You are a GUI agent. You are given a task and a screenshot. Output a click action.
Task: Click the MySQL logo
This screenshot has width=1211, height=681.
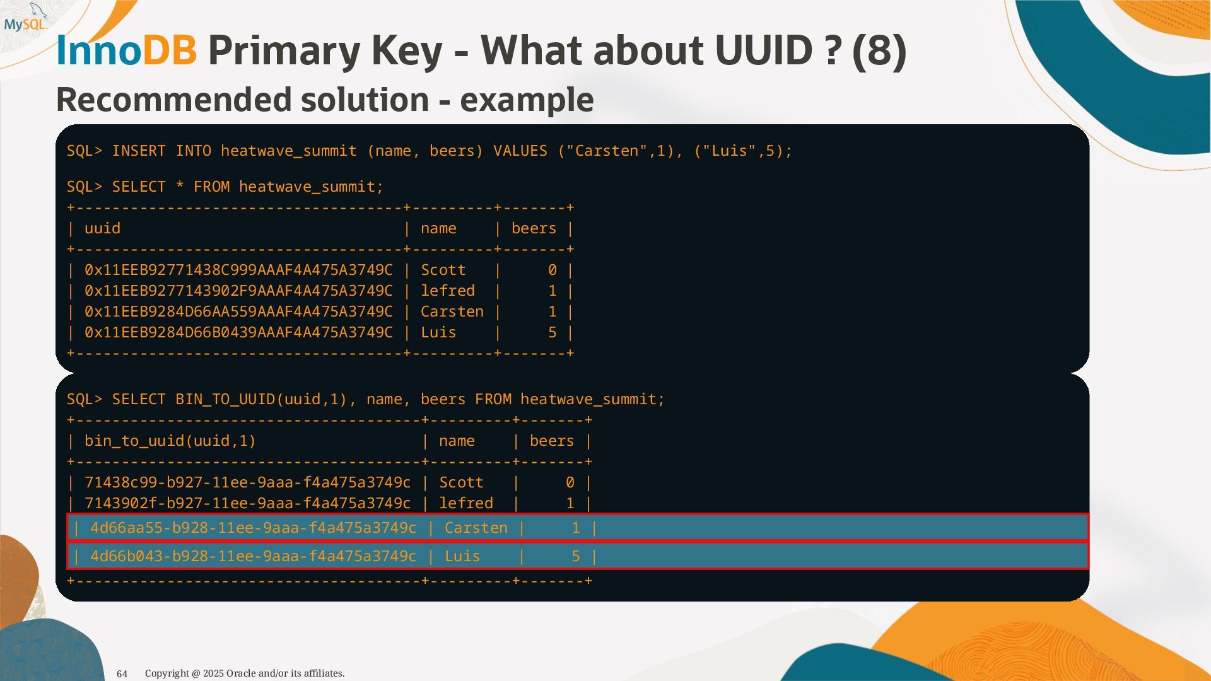pyautogui.click(x=26, y=19)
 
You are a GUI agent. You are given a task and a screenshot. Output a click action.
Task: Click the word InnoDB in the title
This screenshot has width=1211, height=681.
pyautogui.click(x=126, y=50)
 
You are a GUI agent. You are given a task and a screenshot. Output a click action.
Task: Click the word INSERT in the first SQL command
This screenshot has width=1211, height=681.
pyautogui.click(x=139, y=151)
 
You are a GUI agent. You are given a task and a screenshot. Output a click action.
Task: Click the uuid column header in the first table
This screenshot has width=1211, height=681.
pyautogui.click(x=102, y=228)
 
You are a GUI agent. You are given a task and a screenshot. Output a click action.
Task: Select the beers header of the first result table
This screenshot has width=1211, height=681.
pyautogui.click(x=534, y=228)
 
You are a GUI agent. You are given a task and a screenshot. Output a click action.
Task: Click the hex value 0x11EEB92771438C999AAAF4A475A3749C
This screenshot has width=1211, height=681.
pyautogui.click(x=238, y=270)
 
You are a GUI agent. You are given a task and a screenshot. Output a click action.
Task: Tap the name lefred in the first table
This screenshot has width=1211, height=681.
pyautogui.click(x=448, y=291)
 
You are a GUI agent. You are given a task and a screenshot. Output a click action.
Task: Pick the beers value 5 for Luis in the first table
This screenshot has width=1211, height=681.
pyautogui.click(x=552, y=332)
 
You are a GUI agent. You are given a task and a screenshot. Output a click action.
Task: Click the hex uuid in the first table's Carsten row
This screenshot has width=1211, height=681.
pyautogui.click(x=238, y=311)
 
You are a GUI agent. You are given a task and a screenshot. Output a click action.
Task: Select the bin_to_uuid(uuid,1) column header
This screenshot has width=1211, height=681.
pyautogui.click(x=170, y=441)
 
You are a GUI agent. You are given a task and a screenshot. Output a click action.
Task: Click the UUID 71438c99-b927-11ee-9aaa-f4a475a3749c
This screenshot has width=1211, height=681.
pyautogui.click(x=247, y=482)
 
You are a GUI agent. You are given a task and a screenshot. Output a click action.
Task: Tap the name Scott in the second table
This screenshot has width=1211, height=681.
pyautogui.click(x=461, y=482)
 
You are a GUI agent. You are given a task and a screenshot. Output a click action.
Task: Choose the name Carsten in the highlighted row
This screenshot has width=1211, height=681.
pyautogui.click(x=476, y=528)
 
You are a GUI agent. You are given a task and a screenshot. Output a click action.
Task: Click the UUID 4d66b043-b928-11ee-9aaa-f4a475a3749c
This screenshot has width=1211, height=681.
pyautogui.click(x=253, y=556)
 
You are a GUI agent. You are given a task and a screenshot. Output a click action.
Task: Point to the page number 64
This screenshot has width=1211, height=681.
pyautogui.click(x=122, y=673)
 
